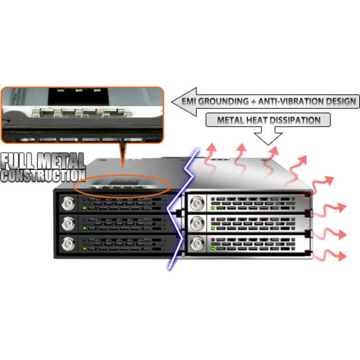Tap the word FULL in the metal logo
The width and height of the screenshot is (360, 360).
(21, 160)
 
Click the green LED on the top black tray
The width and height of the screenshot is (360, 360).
(85, 208)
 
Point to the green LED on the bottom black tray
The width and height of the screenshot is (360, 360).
(85, 247)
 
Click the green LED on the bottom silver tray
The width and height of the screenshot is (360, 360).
(211, 246)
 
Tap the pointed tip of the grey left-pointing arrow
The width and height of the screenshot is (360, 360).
(173, 102)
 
